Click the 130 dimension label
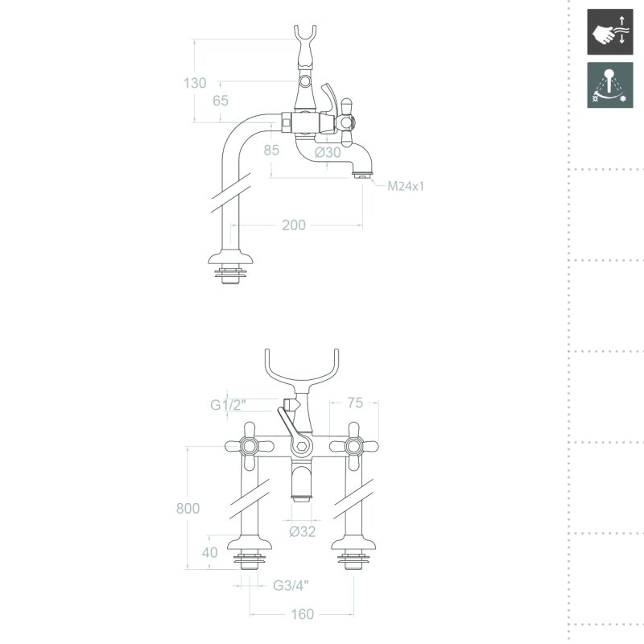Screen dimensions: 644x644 pos(195,83)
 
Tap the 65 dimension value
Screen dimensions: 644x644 pos(221,101)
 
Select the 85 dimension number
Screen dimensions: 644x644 pos(271,151)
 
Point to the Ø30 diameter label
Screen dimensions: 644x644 pos(328,152)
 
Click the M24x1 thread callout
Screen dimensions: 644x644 pos(406,186)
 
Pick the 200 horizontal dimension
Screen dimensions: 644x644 pos(294,225)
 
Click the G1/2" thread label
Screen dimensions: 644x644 pos(228,405)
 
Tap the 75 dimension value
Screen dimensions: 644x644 pos(355,403)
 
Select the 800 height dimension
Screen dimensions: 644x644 pos(188,509)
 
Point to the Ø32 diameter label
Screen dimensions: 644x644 pos(303,531)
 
